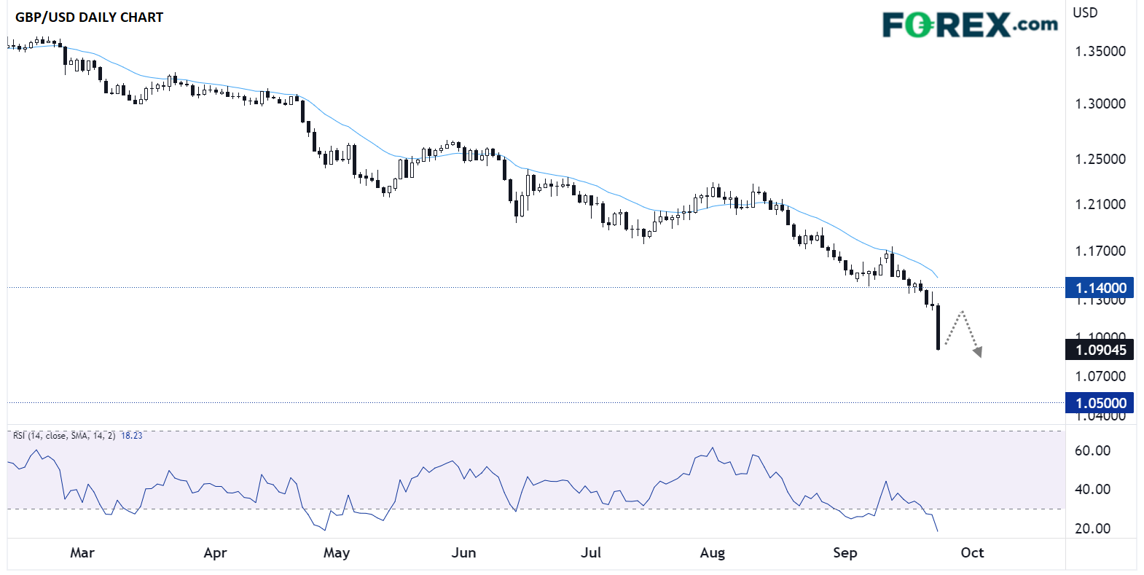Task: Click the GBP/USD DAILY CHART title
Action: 89,17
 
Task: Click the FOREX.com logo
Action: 969,25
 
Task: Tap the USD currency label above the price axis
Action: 1084,12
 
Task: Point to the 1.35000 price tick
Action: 1100,51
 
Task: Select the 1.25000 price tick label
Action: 1100,159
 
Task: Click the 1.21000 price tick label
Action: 1100,204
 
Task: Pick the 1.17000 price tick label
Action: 1100,251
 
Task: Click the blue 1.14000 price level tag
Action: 1100,288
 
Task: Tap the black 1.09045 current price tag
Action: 1100,350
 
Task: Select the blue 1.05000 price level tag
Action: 1100,403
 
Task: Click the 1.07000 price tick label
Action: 1100,376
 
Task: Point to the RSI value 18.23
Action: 132,436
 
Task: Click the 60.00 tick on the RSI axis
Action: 1092,450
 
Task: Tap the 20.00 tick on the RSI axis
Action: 1092,528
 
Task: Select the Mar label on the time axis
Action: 82,552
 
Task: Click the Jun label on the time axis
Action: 463,552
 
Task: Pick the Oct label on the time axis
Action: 972,552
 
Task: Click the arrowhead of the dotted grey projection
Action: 978,353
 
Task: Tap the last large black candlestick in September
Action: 938,328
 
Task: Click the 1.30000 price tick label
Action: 1100,103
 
